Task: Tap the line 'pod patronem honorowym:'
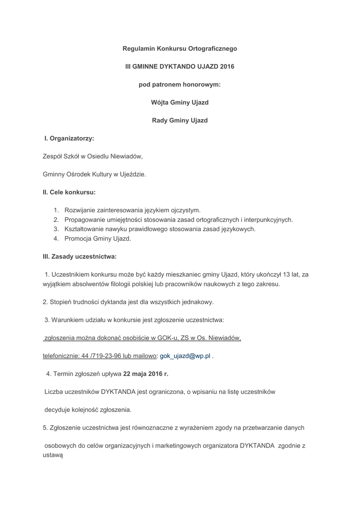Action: pyautogui.click(x=179, y=84)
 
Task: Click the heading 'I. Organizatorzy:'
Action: pyautogui.click(x=70, y=138)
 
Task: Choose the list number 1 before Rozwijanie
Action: pyautogui.click(x=56, y=210)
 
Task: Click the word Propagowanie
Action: pyautogui.click(x=85, y=219)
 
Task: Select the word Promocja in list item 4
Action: pyautogui.click(x=77, y=238)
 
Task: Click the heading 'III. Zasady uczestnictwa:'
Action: pyautogui.click(x=79, y=256)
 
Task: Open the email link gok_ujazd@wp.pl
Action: pyautogui.click(x=185, y=356)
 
